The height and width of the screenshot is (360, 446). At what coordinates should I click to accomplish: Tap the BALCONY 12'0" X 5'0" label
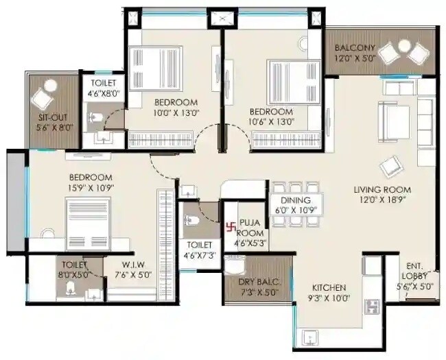(x=355, y=53)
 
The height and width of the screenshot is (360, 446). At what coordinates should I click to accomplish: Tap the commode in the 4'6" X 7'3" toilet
(x=192, y=221)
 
